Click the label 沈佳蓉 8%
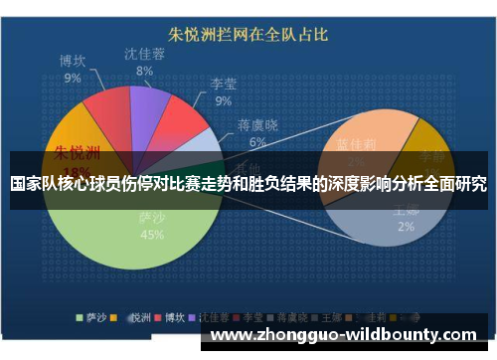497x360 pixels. point(144,62)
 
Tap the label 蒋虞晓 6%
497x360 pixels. point(257,133)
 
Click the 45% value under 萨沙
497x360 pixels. point(152,235)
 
